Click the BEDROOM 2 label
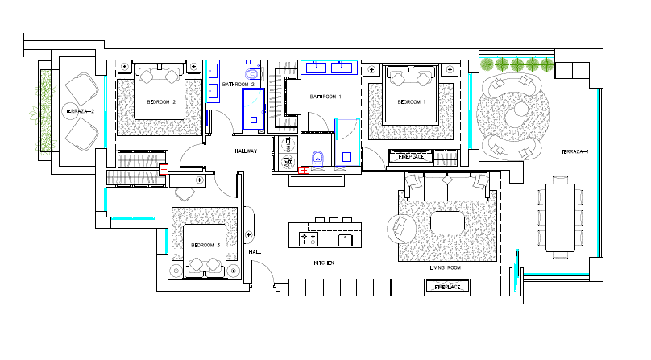[x=161, y=102]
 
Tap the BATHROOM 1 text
[x=326, y=97]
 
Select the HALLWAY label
[x=246, y=151]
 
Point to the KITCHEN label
[x=324, y=263]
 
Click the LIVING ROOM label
[x=444, y=267]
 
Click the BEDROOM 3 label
[x=205, y=245]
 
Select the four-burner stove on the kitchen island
[x=309, y=239]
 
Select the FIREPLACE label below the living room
[x=447, y=288]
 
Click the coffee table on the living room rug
[x=447, y=221]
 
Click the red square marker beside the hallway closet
[x=164, y=169]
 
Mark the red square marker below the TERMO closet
[x=303, y=171]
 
